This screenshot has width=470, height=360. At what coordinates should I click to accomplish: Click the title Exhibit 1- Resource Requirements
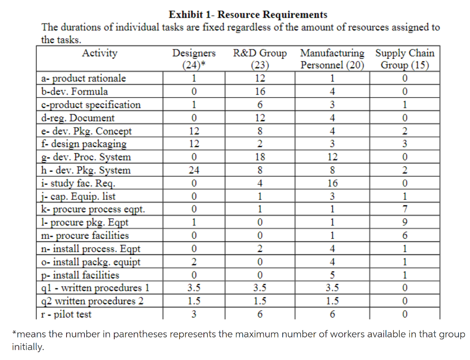pyautogui.click(x=248, y=15)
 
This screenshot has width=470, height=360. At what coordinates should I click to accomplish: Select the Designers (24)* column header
pyautogui.click(x=194, y=59)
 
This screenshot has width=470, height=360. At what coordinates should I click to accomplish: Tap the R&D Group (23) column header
pyautogui.click(x=260, y=59)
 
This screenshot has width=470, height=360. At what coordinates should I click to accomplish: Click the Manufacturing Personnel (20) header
pyautogui.click(x=332, y=59)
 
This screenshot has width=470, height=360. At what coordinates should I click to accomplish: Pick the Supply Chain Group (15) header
pyautogui.click(x=405, y=59)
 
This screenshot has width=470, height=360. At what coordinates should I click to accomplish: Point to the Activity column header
pyautogui.click(x=100, y=53)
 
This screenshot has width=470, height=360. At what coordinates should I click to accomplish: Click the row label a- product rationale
pyautogui.click(x=81, y=78)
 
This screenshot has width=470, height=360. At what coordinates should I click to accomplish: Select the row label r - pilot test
pyautogui.click(x=66, y=315)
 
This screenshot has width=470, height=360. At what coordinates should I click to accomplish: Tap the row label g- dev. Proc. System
pyautogui.click(x=85, y=157)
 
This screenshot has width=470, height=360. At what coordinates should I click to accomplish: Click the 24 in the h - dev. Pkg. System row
pyautogui.click(x=194, y=171)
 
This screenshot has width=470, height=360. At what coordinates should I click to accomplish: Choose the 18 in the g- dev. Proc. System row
pyautogui.click(x=260, y=157)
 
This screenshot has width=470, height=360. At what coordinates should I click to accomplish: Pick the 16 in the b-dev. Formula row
pyautogui.click(x=260, y=91)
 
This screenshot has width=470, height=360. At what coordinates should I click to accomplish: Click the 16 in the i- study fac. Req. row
pyautogui.click(x=332, y=183)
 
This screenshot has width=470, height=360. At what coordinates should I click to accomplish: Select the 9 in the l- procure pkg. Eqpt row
pyautogui.click(x=405, y=223)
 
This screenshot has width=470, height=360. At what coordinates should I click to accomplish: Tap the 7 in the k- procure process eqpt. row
pyautogui.click(x=405, y=210)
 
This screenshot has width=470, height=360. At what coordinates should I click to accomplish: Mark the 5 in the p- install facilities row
pyautogui.click(x=332, y=275)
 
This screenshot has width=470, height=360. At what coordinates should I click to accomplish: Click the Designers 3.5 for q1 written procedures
pyautogui.click(x=194, y=288)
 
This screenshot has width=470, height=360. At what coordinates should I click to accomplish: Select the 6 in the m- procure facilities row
pyautogui.click(x=405, y=236)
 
